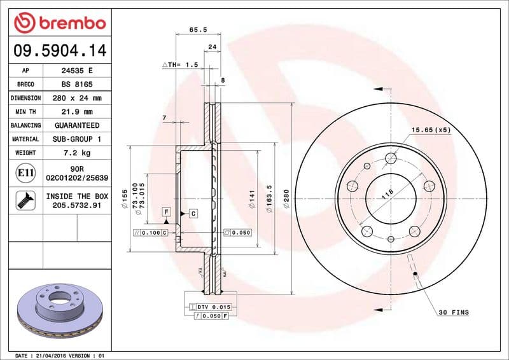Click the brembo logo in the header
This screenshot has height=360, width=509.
click(x=59, y=24)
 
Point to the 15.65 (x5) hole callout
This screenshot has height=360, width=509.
click(x=430, y=130)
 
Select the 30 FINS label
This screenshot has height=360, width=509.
click(x=453, y=312)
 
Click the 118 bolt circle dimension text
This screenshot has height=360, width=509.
click(x=387, y=193)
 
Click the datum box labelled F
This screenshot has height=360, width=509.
click(x=165, y=211)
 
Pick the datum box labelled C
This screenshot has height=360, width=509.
click(x=192, y=214)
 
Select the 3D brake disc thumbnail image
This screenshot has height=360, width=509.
click(x=59, y=309)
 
